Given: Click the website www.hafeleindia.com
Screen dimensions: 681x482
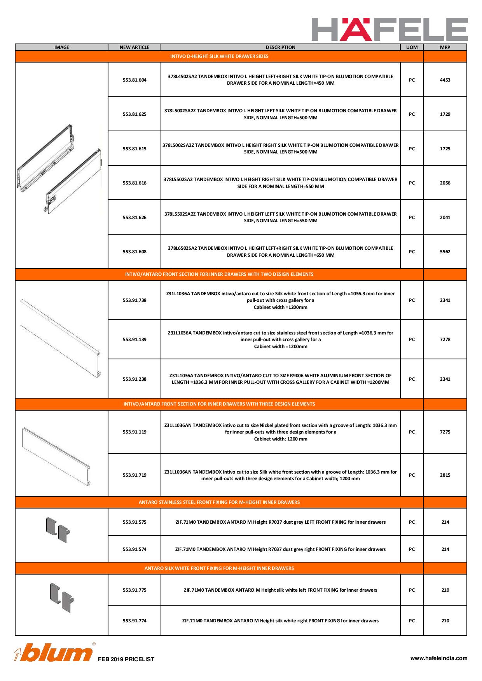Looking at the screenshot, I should click(x=439, y=658).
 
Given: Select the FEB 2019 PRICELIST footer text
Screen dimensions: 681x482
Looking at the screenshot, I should click(x=126, y=659).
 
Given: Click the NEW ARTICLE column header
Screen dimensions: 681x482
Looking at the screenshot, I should click(x=134, y=47).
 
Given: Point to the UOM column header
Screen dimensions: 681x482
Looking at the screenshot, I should click(x=412, y=47).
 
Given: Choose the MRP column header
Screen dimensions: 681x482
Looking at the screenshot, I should click(x=445, y=47).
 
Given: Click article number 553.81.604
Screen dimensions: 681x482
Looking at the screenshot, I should click(x=134, y=80).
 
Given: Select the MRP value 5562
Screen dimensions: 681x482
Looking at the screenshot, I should click(x=445, y=252).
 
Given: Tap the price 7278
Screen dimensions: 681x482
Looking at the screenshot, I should click(x=445, y=340).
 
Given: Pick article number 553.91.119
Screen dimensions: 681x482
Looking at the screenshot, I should click(x=134, y=432).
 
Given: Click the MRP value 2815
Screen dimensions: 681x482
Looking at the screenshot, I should click(x=445, y=475).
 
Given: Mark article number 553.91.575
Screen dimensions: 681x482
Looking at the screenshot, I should click(x=134, y=522).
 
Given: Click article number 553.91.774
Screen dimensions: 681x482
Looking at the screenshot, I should click(x=134, y=621).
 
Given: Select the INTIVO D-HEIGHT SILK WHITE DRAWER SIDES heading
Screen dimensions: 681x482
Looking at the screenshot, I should click(x=219, y=56).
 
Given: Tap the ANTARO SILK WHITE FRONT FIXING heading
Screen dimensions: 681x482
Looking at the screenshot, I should click(x=219, y=568).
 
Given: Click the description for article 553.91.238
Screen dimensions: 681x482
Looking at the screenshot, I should click(x=280, y=379).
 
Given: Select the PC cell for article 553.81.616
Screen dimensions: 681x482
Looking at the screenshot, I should click(x=412, y=183).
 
